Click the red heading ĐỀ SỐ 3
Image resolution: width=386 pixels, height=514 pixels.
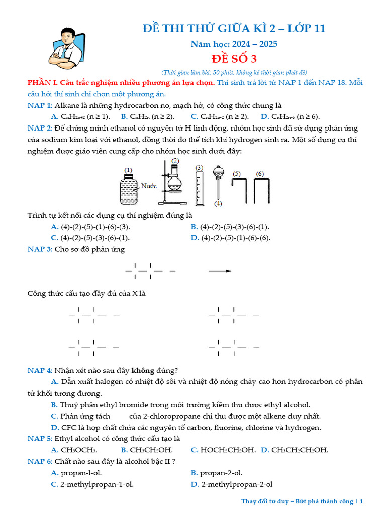234,59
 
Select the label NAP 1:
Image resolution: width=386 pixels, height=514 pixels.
40,105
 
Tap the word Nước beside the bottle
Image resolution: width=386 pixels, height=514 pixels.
149,186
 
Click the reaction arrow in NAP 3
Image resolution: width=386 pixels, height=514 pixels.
220,271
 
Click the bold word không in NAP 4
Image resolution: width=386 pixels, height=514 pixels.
143,371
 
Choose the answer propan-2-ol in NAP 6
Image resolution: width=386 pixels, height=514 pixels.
221,473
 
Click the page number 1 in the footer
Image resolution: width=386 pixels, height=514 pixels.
360,501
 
